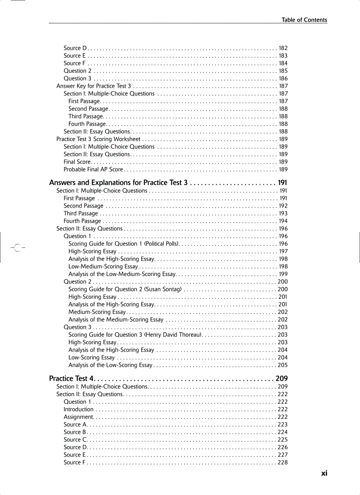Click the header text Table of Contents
304,20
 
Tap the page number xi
324,473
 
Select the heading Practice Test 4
71,379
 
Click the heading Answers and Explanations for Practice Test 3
119,182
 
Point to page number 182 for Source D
283,48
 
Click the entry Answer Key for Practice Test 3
94,86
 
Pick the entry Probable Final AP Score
93,169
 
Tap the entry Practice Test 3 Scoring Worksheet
98,139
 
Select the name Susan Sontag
165,289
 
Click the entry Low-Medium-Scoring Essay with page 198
103,267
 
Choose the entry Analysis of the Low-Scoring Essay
110,365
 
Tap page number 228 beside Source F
282,462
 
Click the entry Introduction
79,409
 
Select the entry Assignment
78,417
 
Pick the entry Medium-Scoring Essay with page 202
97,312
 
